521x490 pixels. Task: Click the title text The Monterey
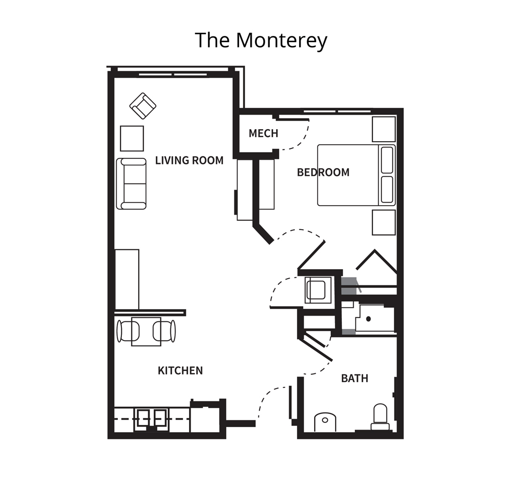(261, 40)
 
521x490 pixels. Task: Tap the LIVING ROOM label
(189, 160)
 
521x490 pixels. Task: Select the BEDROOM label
(323, 172)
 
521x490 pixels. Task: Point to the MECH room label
(263, 133)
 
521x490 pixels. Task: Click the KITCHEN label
(180, 370)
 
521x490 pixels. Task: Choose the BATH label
(354, 378)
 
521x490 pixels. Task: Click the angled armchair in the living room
(143, 106)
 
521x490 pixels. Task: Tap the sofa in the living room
(131, 184)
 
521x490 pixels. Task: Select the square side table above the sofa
(132, 139)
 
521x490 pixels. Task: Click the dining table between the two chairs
(146, 332)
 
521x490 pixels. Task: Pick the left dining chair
(128, 331)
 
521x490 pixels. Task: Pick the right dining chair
(164, 331)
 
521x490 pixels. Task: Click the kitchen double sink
(152, 419)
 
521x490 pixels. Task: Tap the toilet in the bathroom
(380, 417)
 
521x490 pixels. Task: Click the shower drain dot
(368, 319)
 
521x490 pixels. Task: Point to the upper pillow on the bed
(387, 160)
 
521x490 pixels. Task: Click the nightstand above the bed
(384, 129)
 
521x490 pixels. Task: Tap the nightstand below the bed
(384, 222)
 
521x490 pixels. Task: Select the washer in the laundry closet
(318, 290)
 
